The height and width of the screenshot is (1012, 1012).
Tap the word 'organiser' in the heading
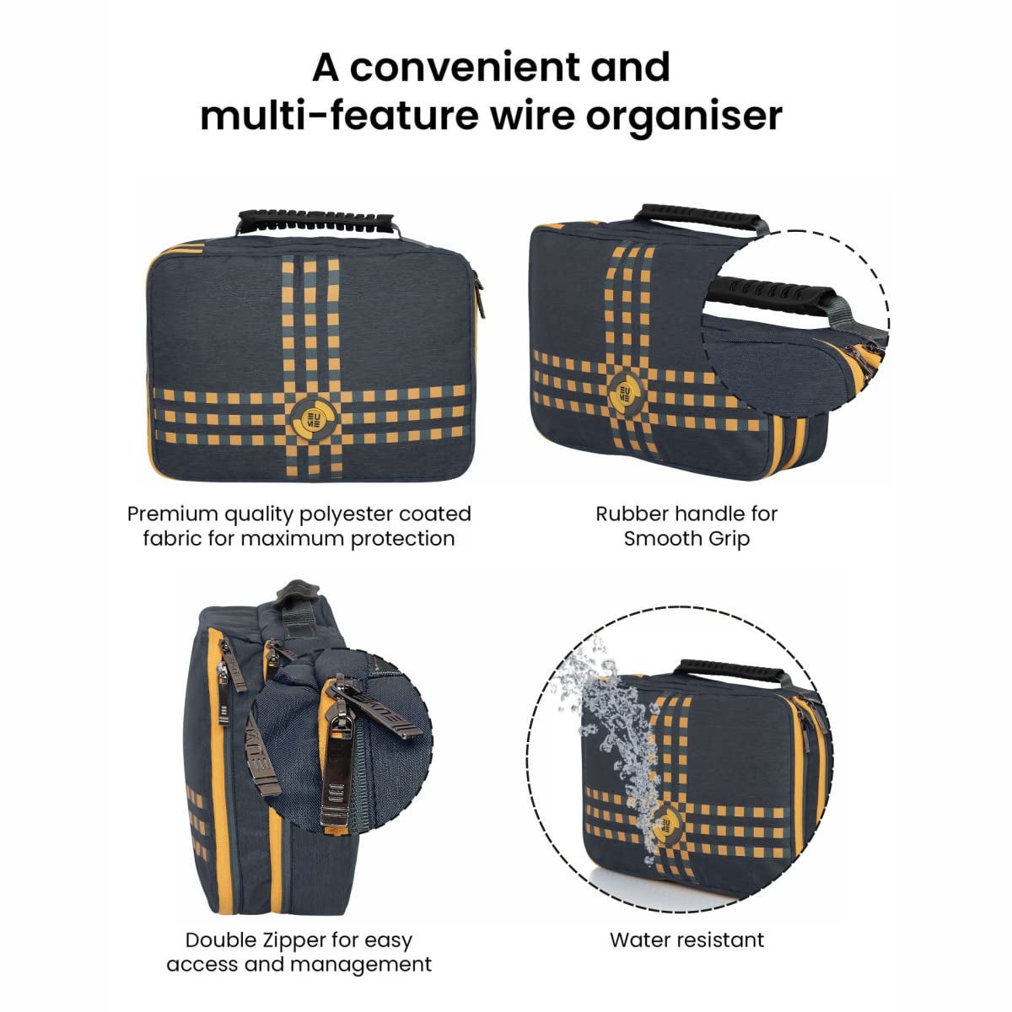(684, 116)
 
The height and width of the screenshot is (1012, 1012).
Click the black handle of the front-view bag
(315, 220)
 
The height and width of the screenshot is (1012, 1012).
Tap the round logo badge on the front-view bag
(314, 418)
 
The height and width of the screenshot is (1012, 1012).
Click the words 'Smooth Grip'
(686, 539)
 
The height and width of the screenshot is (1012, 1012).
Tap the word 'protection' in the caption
(403, 540)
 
